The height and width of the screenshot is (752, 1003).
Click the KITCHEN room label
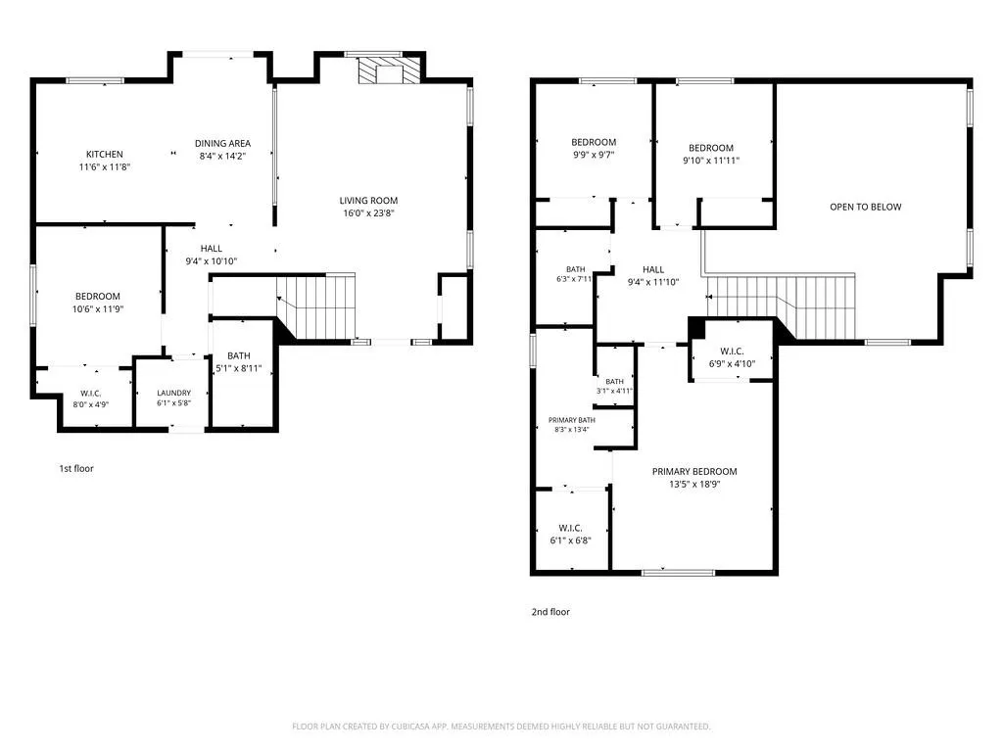[105, 154]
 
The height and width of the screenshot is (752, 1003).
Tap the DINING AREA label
[222, 143]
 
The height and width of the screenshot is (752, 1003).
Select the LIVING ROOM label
[368, 200]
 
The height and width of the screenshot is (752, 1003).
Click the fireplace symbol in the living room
[389, 70]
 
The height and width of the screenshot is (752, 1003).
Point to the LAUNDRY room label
[174, 393]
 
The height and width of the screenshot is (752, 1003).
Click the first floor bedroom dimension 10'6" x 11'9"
[98, 308]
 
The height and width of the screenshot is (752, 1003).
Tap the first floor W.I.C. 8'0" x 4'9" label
[91, 399]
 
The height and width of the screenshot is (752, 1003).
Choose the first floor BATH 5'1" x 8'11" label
[239, 362]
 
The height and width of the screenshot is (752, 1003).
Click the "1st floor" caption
[76, 468]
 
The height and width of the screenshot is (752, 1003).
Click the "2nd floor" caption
[550, 611]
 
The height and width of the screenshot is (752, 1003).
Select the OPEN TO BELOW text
[866, 207]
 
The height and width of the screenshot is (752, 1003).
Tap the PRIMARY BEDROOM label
[694, 471]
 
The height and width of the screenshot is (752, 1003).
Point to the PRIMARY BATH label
[572, 420]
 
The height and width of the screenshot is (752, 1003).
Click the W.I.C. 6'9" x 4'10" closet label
[732, 357]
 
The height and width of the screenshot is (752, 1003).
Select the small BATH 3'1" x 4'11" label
[615, 386]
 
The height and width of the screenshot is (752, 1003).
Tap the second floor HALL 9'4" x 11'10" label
[653, 275]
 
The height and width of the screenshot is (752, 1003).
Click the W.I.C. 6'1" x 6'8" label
[571, 534]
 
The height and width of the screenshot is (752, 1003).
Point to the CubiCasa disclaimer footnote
[501, 727]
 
